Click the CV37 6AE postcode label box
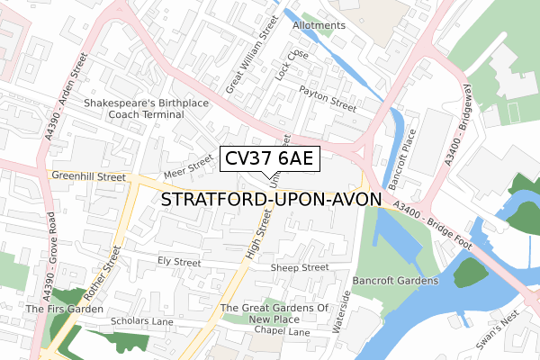[x=268, y=159]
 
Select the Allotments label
[x=319, y=25]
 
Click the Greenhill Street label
[x=88, y=177]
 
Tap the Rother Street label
[x=102, y=276]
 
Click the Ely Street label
[x=179, y=262]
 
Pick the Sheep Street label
[x=300, y=267]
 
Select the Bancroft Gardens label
[x=395, y=281]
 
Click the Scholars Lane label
[x=140, y=320]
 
